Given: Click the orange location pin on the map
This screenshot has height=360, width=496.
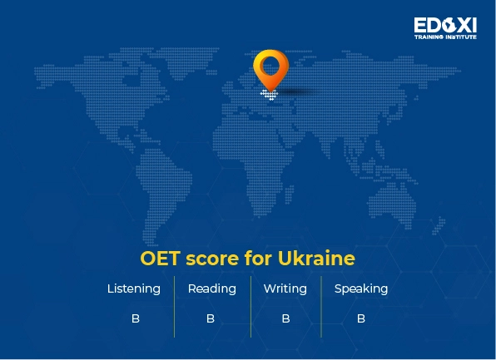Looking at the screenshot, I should pyautogui.click(x=270, y=68).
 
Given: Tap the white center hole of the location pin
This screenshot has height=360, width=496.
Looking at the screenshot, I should pyautogui.click(x=270, y=62).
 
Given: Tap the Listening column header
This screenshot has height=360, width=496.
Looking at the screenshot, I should pyautogui.click(x=134, y=289).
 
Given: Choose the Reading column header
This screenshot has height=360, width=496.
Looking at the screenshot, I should pyautogui.click(x=211, y=289).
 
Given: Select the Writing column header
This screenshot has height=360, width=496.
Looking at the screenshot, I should pyautogui.click(x=285, y=289).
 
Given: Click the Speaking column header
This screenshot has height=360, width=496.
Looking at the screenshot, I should pyautogui.click(x=361, y=289).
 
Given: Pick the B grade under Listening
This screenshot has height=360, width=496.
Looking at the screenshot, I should pyautogui.click(x=135, y=318).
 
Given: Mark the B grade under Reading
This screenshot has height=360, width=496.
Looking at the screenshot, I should pyautogui.click(x=211, y=318).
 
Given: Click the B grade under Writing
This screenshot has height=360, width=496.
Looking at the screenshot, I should pyautogui.click(x=285, y=318).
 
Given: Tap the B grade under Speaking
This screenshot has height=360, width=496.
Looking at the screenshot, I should pyautogui.click(x=361, y=318).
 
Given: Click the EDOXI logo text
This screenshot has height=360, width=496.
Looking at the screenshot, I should pyautogui.click(x=445, y=25).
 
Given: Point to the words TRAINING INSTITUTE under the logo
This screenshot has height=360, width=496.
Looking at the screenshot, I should pyautogui.click(x=445, y=37).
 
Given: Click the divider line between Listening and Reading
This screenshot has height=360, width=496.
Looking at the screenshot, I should pyautogui.click(x=174, y=306).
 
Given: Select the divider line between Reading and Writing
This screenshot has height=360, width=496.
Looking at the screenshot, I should pyautogui.click(x=250, y=306).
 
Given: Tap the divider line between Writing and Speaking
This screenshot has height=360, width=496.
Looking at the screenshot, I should pyautogui.click(x=321, y=306).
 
